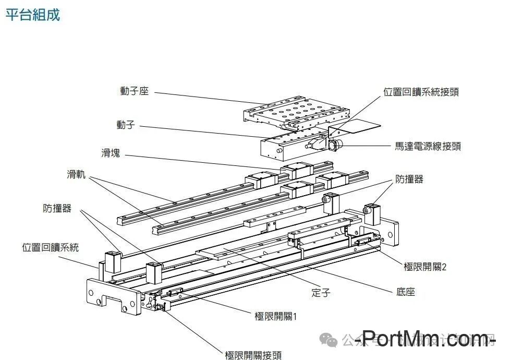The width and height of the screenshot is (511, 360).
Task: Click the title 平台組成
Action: [x=32, y=15]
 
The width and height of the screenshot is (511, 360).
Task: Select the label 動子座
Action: [x=135, y=91]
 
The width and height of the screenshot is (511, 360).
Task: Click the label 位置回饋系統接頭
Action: [x=421, y=92]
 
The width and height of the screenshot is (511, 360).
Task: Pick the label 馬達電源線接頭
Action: [x=428, y=147]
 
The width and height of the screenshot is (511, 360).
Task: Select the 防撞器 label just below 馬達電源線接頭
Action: [x=409, y=179]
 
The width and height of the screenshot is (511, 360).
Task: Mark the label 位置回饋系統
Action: [x=50, y=247]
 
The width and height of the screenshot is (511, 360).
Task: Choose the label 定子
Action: [x=321, y=293]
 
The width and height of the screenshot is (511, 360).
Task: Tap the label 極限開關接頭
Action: [x=253, y=355]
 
